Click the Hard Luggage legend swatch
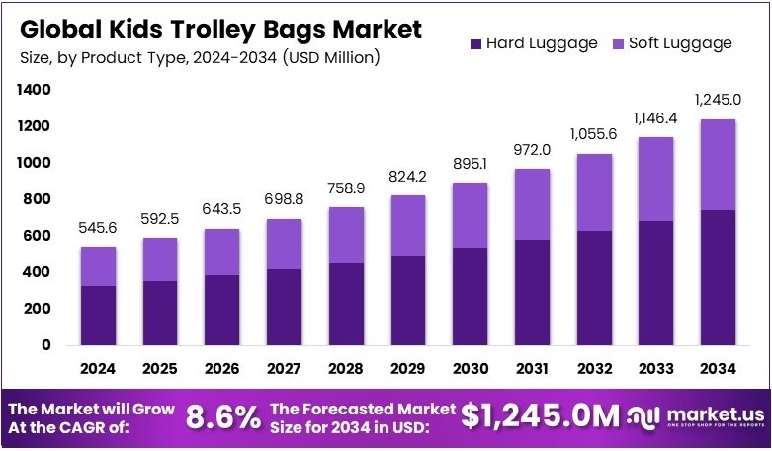(475, 43)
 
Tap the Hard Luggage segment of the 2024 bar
(99, 315)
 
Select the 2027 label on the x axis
(285, 369)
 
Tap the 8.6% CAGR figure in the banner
(222, 417)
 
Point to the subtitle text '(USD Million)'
(331, 58)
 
